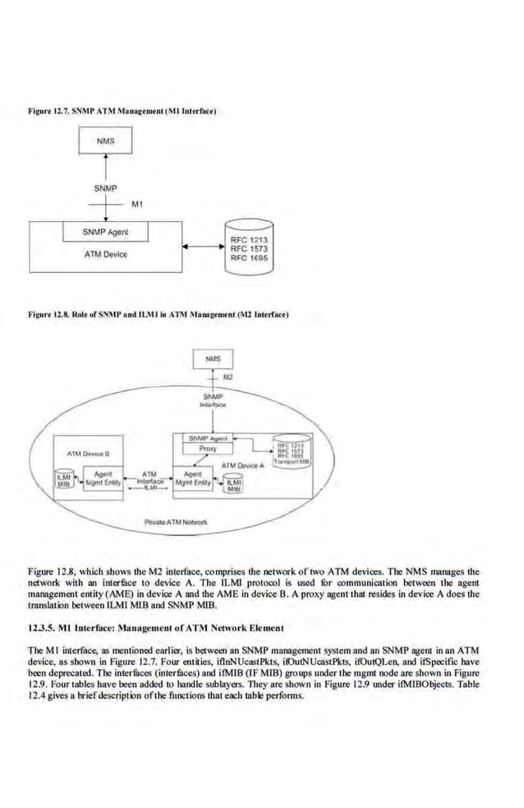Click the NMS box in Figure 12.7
pyautogui.click(x=105, y=141)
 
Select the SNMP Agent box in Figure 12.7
pyautogui.click(x=106, y=232)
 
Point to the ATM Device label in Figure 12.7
pyautogui.click(x=106, y=254)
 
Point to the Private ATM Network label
pyautogui.click(x=176, y=522)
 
